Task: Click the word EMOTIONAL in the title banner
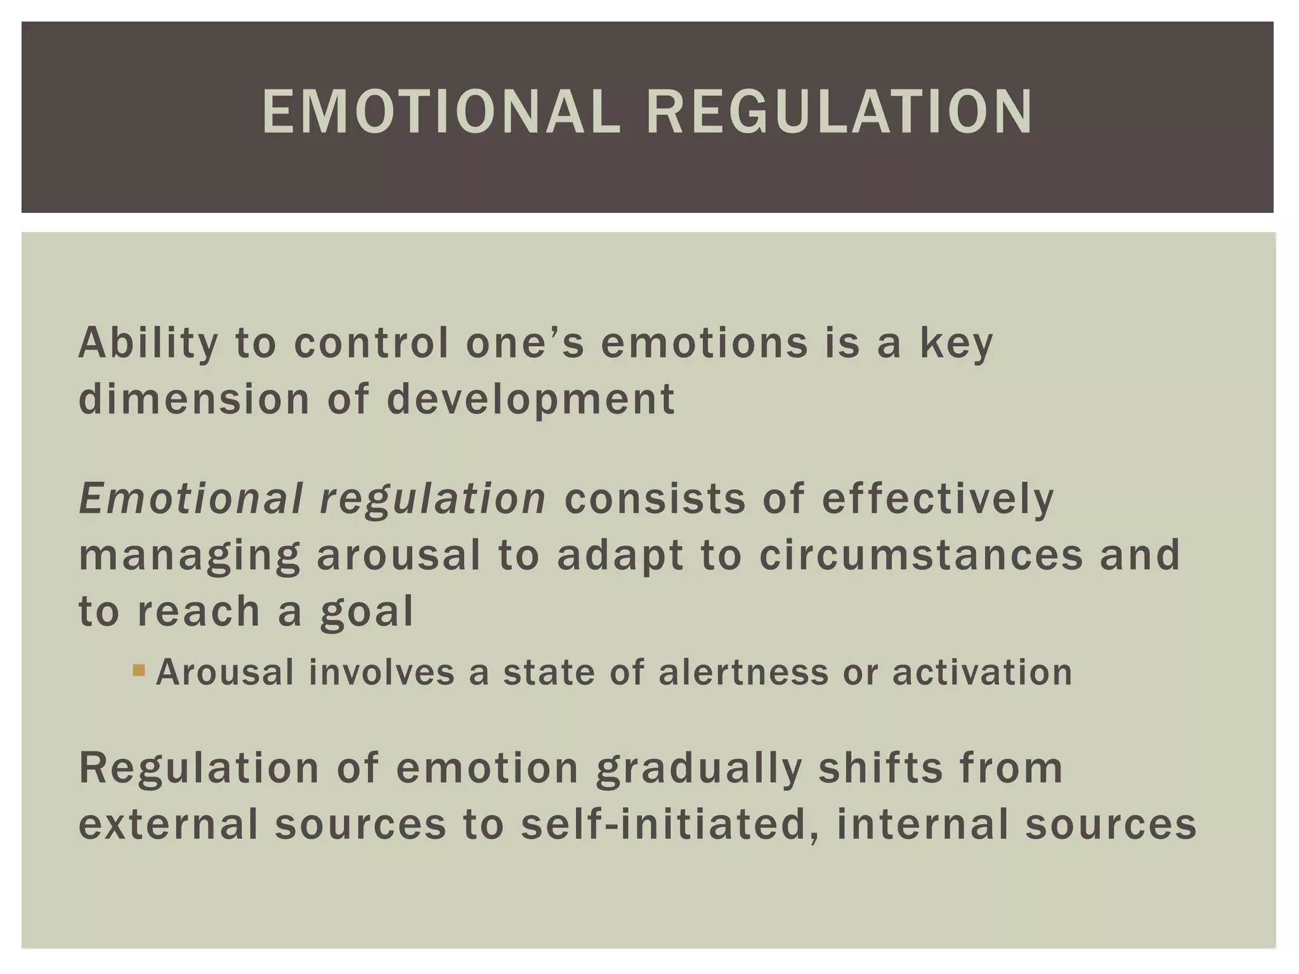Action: pos(441,112)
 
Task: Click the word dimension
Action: pos(194,399)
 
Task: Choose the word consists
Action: pos(655,498)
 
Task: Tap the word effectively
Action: pos(937,500)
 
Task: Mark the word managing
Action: pos(189,556)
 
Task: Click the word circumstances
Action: pos(921,555)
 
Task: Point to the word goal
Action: pos(367,613)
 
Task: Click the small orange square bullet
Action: pos(139,670)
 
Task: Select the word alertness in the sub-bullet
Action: pos(743,672)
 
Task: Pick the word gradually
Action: pos(699,769)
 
